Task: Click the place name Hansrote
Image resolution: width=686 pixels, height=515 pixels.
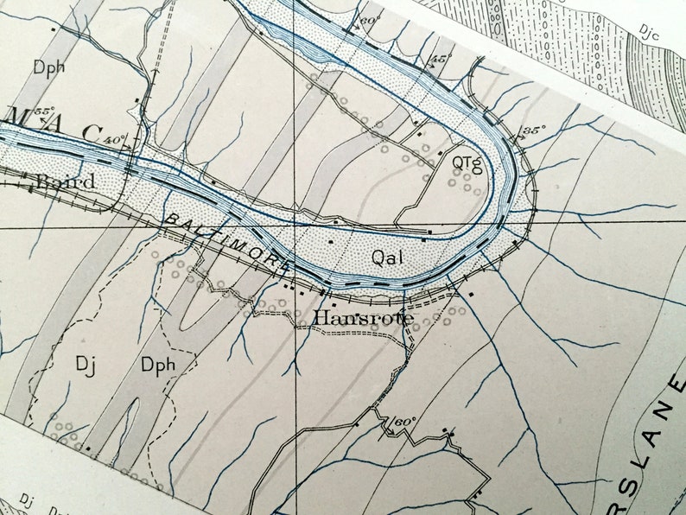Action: pyautogui.click(x=363, y=319)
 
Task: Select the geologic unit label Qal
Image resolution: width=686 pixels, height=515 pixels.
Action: pyautogui.click(x=388, y=256)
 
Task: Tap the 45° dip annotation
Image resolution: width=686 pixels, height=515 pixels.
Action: pyautogui.click(x=441, y=59)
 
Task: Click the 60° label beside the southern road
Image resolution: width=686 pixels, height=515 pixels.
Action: pyautogui.click(x=404, y=421)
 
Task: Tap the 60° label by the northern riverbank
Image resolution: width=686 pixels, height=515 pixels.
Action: pyautogui.click(x=370, y=20)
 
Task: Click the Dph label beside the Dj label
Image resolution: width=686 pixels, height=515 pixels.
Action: pyautogui.click(x=159, y=365)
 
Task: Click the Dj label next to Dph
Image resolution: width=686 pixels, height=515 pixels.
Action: pyautogui.click(x=84, y=365)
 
